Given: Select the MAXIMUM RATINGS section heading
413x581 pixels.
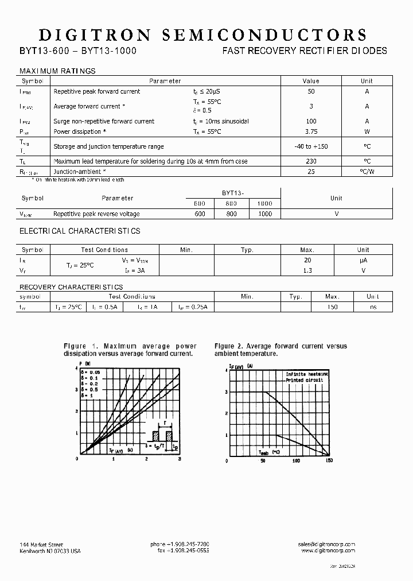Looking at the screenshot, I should click(57, 71).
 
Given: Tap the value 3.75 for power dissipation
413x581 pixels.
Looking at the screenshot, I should click(311, 131).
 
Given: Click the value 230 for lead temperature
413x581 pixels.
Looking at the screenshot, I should click(311, 161).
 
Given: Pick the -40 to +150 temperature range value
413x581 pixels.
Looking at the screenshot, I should click(311, 146).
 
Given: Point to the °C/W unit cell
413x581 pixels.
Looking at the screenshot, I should click(367, 171).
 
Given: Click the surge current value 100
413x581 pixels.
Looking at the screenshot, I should click(311, 121).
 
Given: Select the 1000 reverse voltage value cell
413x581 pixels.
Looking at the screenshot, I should click(265, 214).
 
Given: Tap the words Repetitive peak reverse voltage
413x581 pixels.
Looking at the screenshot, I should click(96, 214).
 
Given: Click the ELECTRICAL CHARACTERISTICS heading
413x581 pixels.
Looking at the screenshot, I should click(80, 231).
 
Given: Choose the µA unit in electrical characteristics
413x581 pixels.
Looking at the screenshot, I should click(363, 260).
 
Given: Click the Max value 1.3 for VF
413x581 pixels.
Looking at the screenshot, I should click(307, 270).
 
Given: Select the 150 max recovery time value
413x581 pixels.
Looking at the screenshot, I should click(332, 307).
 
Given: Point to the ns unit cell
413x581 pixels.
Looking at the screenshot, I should click(373, 307).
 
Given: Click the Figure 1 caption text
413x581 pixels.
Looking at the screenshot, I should click(130, 350).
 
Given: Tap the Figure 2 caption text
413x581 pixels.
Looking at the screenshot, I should click(280, 350).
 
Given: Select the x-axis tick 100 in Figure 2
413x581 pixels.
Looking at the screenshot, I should click(296, 460).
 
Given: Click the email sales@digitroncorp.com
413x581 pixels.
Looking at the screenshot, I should click(326, 544).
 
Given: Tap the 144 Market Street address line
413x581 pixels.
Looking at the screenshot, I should click(41, 544).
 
